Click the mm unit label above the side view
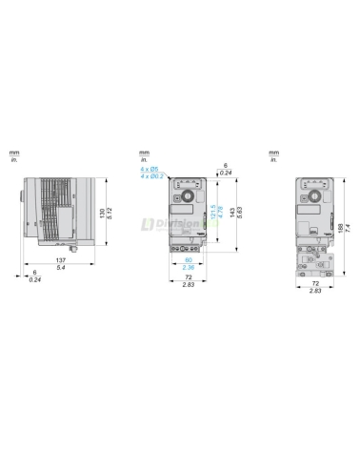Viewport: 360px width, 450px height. click(14, 153)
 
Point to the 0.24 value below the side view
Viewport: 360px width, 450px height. click(34, 279)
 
